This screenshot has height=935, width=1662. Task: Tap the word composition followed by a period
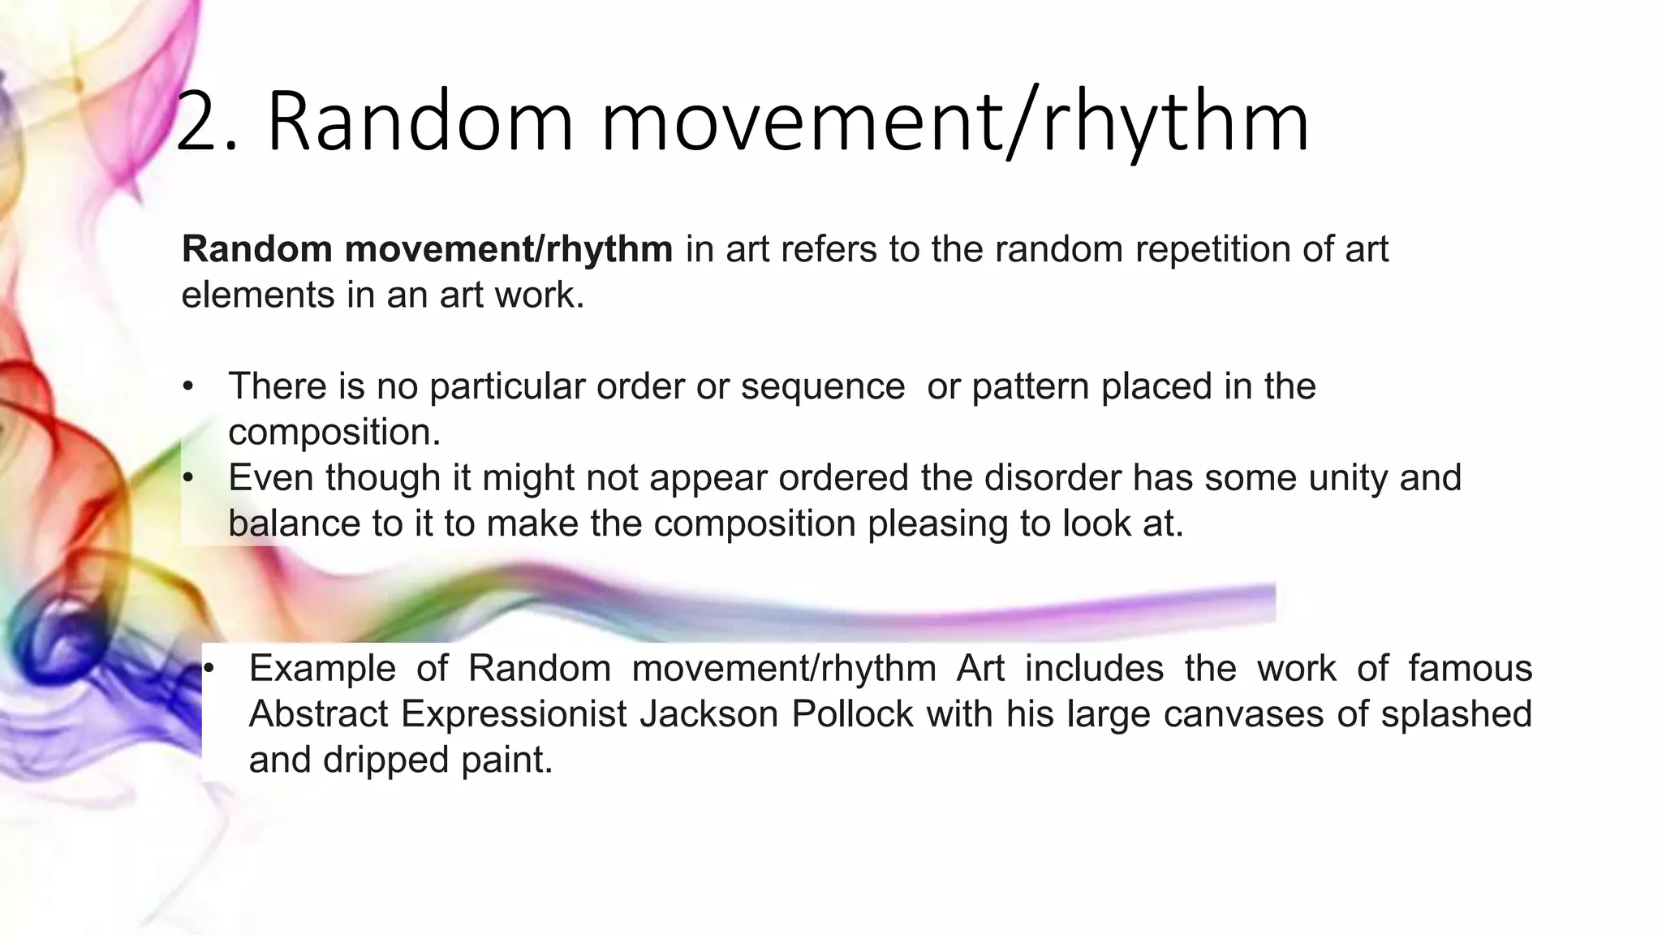(x=334, y=432)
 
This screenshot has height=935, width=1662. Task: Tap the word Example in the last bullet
(x=322, y=669)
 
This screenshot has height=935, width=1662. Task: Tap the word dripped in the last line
(x=386, y=760)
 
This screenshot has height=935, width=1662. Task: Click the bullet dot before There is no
(x=188, y=386)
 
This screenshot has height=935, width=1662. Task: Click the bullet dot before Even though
(x=188, y=478)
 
